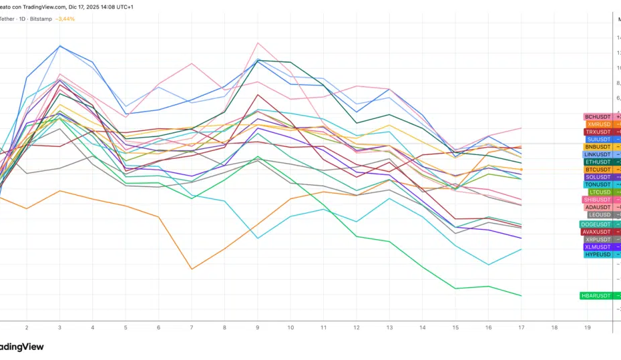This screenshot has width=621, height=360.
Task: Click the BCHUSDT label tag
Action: click(x=598, y=117)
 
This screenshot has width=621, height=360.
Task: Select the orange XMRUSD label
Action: click(x=599, y=124)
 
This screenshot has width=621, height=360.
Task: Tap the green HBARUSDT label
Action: click(x=596, y=295)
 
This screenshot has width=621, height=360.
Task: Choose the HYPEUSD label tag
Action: click(x=598, y=254)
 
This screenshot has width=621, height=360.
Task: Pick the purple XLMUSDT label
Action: click(x=598, y=247)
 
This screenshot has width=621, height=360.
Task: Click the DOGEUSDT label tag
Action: click(x=596, y=224)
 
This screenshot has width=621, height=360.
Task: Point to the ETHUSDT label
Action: click(x=598, y=162)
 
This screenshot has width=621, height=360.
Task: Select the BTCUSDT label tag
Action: click(x=598, y=170)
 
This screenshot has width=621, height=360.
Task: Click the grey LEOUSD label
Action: click(x=600, y=215)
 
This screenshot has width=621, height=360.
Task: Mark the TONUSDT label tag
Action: click(x=598, y=184)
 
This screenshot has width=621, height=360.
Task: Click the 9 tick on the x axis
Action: click(x=257, y=328)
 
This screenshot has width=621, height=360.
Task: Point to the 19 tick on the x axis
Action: click(x=587, y=328)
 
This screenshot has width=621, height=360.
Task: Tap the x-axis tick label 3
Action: click(x=59, y=328)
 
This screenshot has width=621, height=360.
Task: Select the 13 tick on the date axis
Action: click(x=389, y=328)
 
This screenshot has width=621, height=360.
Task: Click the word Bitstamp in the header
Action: click(x=41, y=19)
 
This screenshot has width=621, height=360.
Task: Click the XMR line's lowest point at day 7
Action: click(x=192, y=269)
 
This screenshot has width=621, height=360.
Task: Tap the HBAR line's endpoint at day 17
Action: click(x=521, y=295)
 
